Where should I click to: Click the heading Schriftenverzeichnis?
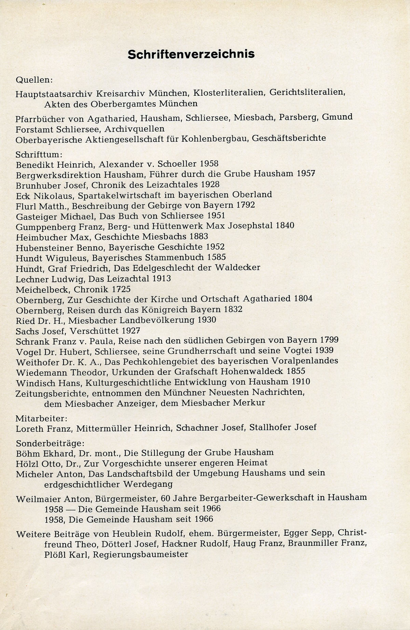click(191, 54)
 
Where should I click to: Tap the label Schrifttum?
click(37, 154)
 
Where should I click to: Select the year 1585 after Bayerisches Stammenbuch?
click(216, 257)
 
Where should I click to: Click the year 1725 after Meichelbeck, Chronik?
click(121, 289)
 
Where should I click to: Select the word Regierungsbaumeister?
click(140, 554)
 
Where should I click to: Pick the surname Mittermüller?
click(105, 428)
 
